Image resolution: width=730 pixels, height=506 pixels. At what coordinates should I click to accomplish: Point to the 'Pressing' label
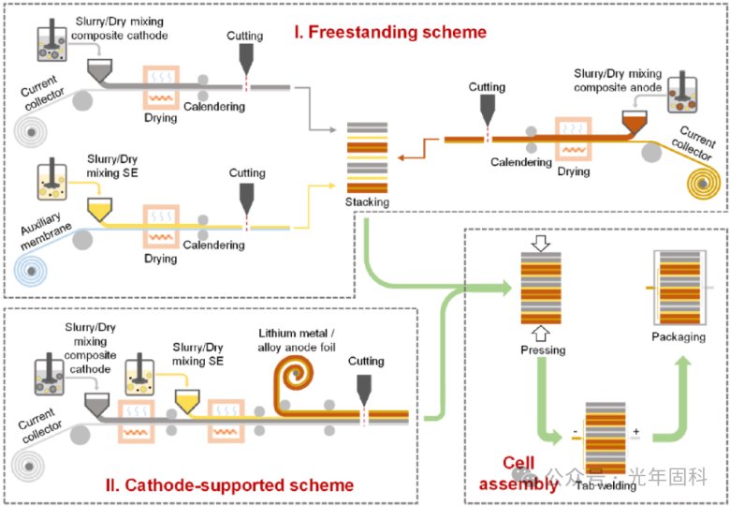[x=543, y=350]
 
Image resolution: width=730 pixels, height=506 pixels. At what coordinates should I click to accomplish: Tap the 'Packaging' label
[x=679, y=336]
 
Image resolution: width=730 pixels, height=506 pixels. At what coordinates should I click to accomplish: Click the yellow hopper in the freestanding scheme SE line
[x=98, y=208]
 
